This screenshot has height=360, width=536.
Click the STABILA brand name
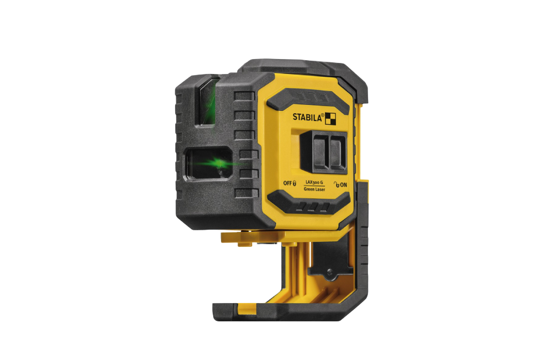307,118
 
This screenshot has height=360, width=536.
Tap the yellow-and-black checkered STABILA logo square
330,119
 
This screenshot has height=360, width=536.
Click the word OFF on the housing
287,183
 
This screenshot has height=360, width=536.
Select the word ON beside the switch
344,185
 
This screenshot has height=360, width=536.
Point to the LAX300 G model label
314,182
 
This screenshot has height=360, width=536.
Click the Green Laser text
314,189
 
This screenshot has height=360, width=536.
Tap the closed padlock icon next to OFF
295,183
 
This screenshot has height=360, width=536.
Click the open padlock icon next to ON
337,184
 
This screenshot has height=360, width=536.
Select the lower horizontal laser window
208,164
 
